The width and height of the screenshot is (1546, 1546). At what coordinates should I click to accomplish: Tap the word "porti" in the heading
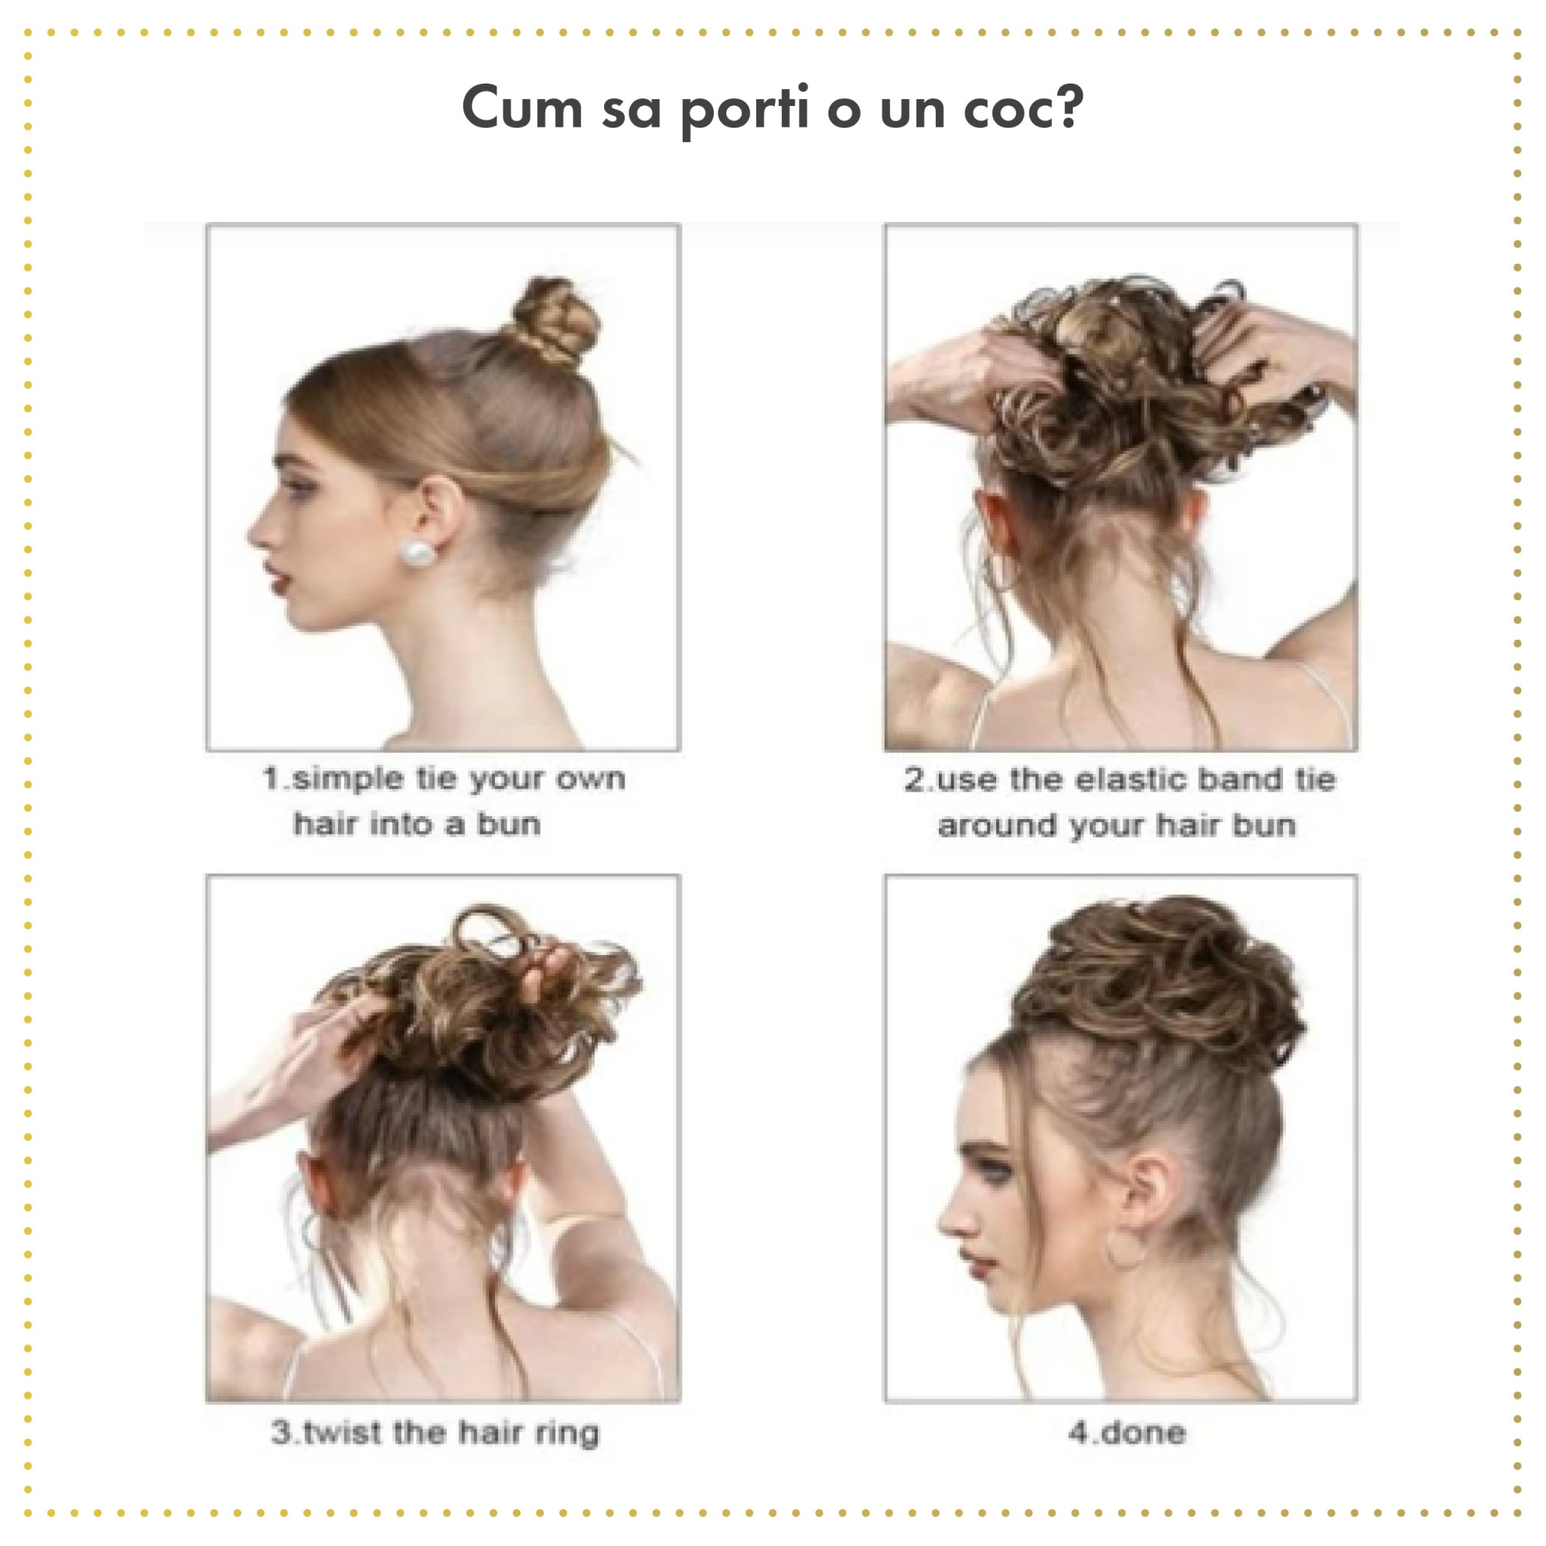pos(745,111)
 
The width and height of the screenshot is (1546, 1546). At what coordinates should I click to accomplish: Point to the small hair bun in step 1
pos(555,319)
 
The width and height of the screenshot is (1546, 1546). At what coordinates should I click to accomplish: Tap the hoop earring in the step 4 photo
pos(1128,1249)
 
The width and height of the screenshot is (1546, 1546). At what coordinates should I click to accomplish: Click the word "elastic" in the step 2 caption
pos(1129,780)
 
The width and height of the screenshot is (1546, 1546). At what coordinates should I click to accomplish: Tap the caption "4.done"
pos(1127,1432)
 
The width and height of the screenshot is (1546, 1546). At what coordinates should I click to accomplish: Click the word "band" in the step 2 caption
pos(1241,780)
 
